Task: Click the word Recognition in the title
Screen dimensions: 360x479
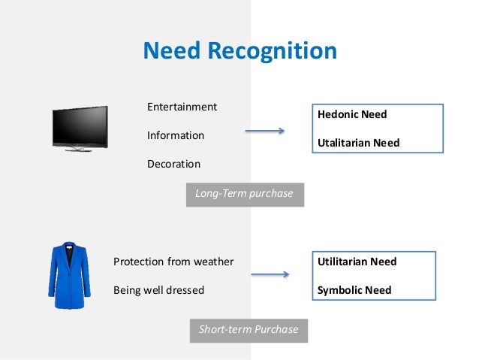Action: click(x=274, y=50)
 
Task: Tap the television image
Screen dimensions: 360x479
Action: click(x=80, y=127)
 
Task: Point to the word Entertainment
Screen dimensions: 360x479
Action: click(x=182, y=107)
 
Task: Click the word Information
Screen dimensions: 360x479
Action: click(x=176, y=135)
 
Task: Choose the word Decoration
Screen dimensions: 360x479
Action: click(x=173, y=163)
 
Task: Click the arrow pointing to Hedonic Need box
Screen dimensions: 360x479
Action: click(x=264, y=132)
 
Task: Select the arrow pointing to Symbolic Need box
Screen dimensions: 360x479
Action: click(x=270, y=274)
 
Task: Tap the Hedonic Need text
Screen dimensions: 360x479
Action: click(x=352, y=114)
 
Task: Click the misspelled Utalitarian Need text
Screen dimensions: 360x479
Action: click(x=359, y=142)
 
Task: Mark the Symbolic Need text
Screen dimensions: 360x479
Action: click(x=354, y=290)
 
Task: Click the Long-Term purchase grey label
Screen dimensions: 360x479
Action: click(x=244, y=194)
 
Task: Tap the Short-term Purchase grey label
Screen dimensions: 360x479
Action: click(x=248, y=329)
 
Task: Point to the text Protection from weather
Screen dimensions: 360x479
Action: click(x=173, y=262)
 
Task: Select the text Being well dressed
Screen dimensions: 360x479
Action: click(x=158, y=290)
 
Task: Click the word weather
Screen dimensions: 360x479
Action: click(x=214, y=262)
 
